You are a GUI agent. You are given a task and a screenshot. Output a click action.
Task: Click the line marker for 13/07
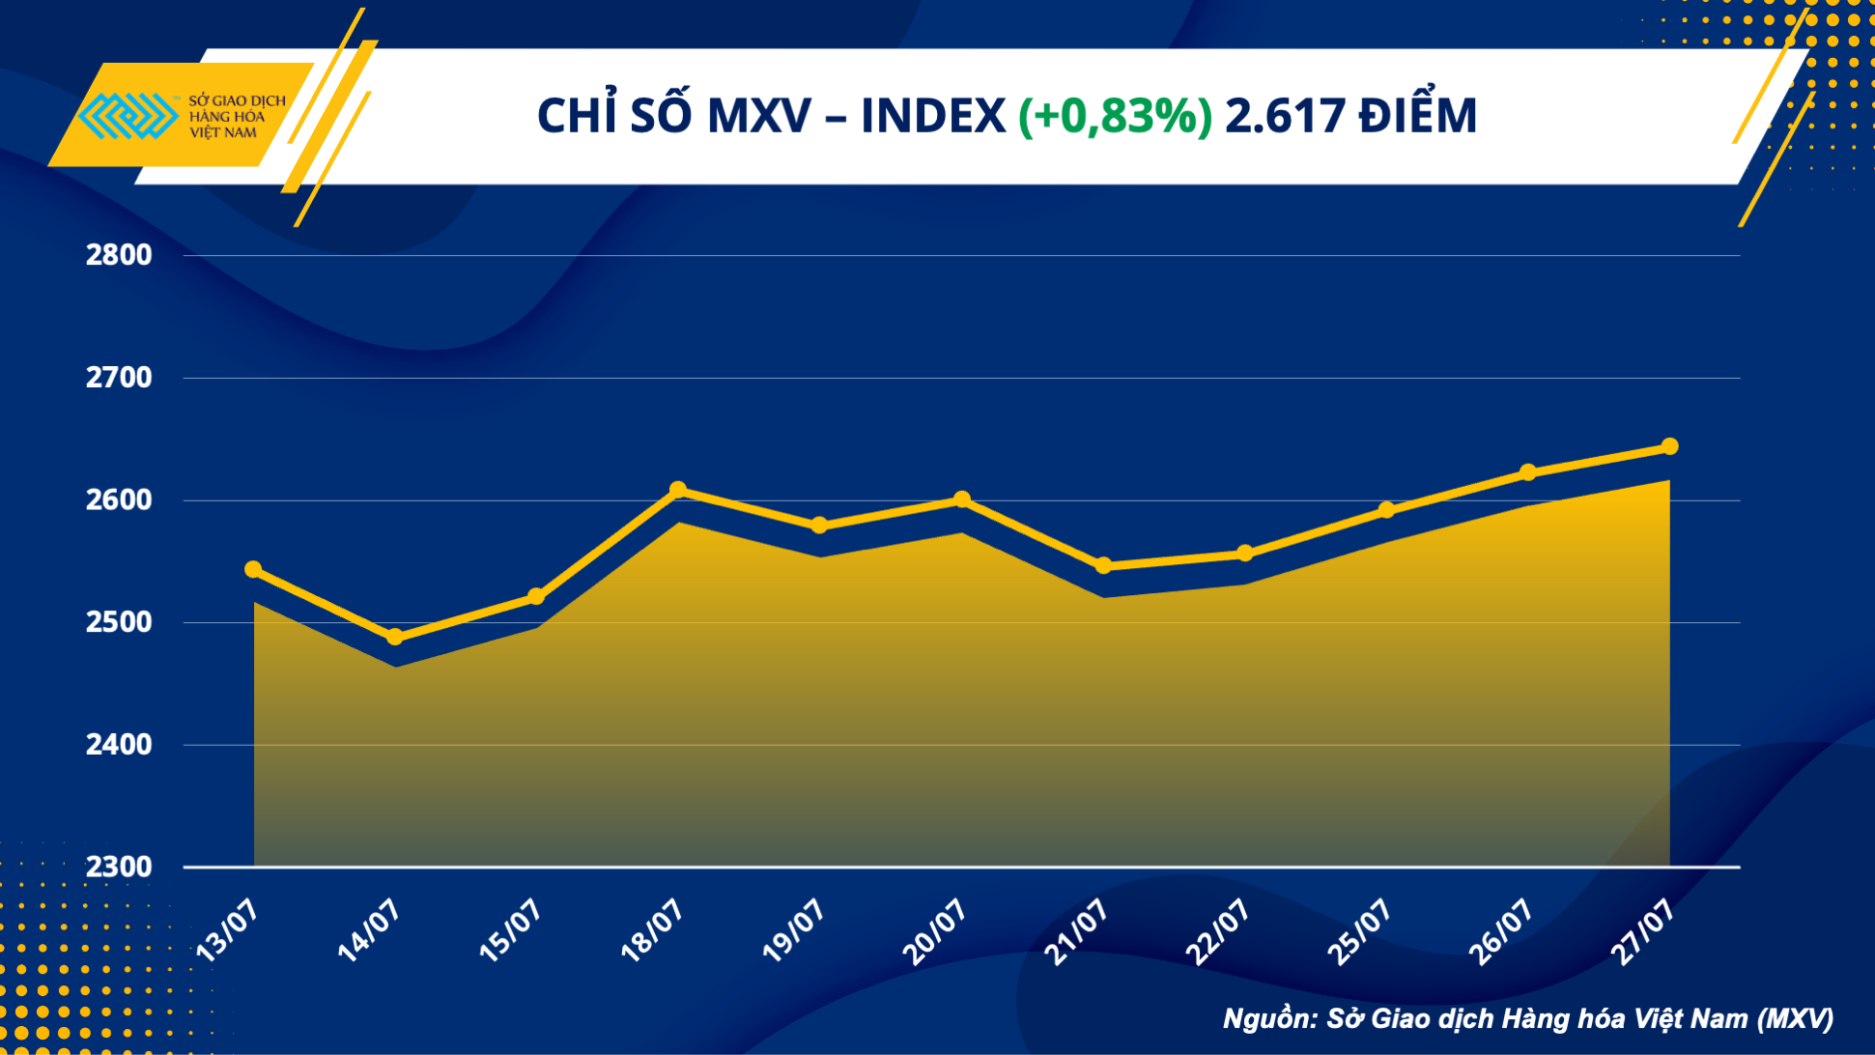253,570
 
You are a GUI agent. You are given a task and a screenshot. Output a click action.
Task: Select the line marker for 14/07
394,637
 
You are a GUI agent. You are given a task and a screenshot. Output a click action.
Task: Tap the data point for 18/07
678,490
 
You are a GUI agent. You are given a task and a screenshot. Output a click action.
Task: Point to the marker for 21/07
1104,566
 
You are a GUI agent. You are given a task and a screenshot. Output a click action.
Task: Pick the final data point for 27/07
1670,446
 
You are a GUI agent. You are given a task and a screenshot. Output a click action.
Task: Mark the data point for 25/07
1386,510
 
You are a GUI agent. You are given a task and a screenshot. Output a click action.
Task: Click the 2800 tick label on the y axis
119,255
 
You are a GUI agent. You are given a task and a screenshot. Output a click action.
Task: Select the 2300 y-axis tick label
119,867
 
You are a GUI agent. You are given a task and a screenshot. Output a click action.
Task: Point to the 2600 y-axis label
119,500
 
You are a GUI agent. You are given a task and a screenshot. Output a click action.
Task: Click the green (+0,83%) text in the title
1115,116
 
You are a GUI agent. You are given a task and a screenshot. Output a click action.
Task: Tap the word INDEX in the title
932,116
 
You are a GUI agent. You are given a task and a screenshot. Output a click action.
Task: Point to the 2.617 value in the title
1285,116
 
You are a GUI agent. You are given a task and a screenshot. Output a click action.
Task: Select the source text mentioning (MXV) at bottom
1527,1018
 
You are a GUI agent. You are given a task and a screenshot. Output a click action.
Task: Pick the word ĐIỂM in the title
1417,116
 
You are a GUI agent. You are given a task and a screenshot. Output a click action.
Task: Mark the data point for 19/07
819,526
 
